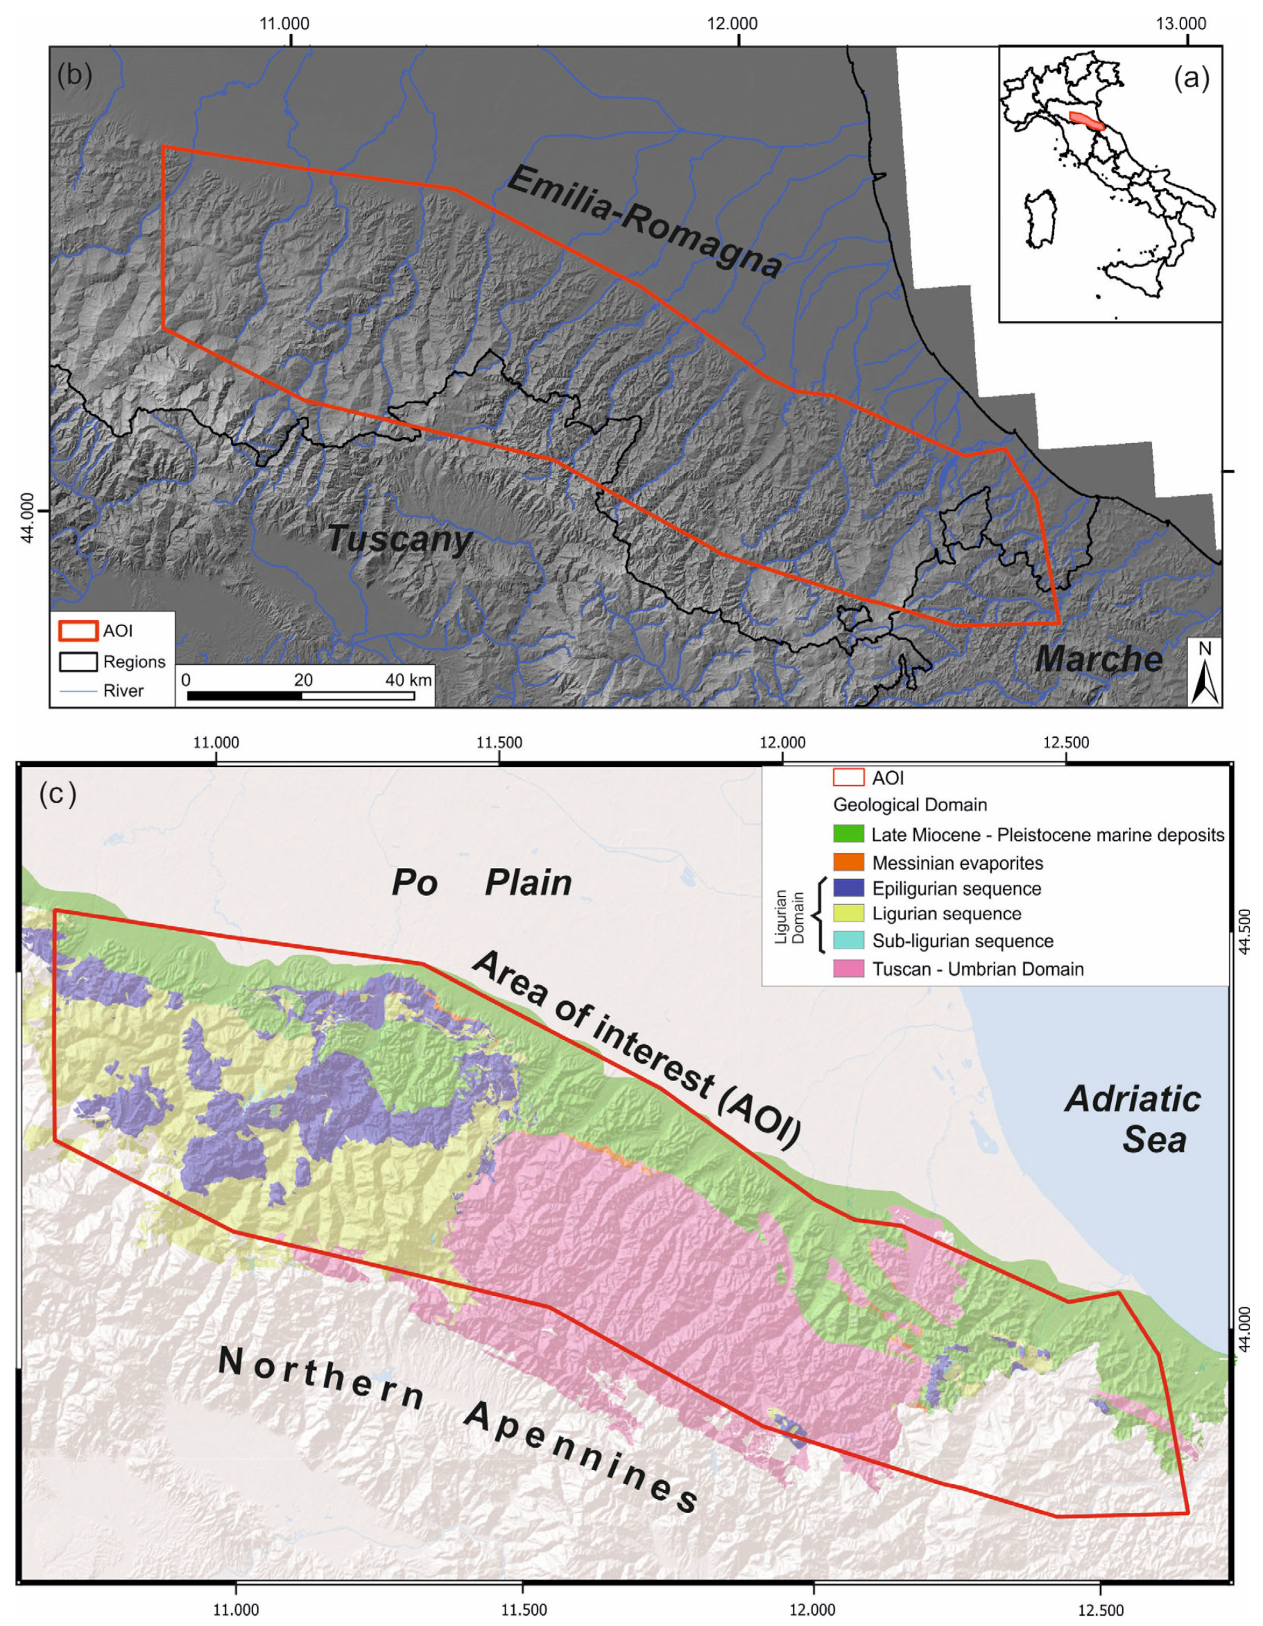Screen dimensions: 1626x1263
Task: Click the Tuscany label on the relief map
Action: coord(400,539)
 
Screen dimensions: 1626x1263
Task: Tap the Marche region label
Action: coord(1099,659)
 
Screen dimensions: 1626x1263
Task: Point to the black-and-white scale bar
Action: coord(300,695)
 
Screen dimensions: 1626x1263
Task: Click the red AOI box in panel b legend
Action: coord(78,630)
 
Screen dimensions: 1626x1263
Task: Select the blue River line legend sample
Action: coord(78,691)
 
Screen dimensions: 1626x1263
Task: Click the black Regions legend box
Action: coord(78,661)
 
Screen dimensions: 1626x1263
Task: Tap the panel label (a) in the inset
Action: coord(1192,78)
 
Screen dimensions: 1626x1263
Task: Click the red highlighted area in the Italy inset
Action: coord(1088,121)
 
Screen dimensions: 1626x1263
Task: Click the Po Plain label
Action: coord(481,883)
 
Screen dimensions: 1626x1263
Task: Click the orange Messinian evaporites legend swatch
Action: coord(848,863)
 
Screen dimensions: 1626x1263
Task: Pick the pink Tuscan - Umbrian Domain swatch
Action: coord(848,969)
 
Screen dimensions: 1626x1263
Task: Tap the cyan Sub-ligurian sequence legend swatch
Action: coord(848,940)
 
